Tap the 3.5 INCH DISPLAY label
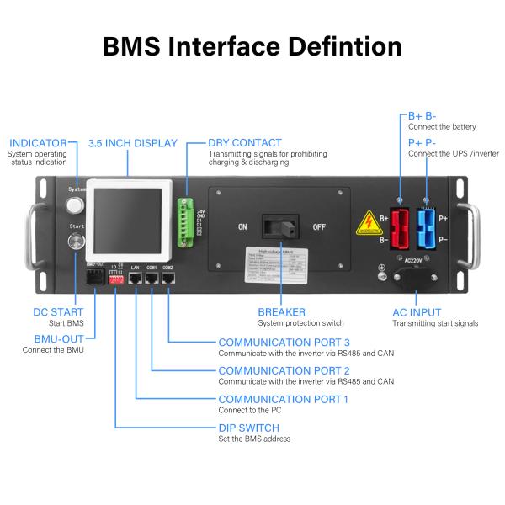[132, 143]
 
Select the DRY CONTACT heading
[245, 143]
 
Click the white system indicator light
[76, 205]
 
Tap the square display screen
[126, 218]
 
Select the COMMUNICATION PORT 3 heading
[284, 342]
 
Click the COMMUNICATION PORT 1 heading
[283, 399]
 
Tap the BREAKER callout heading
[282, 312]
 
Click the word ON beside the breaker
[242, 226]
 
